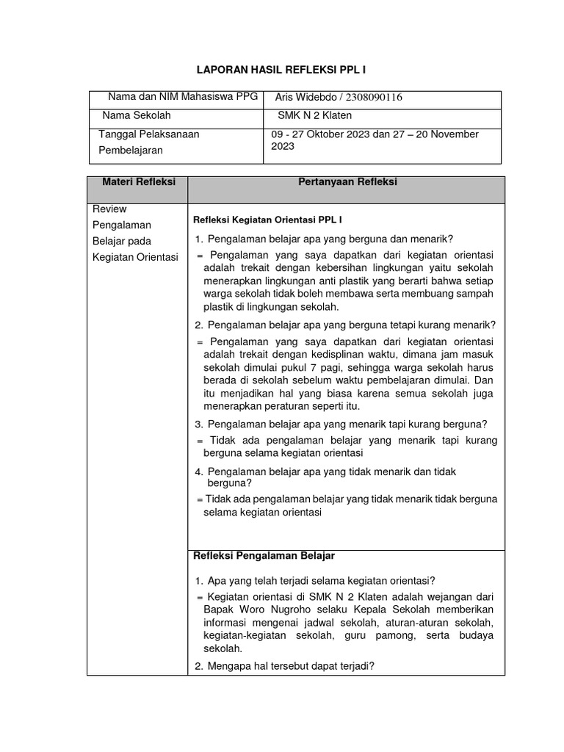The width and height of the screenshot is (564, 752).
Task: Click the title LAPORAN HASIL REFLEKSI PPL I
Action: click(281, 70)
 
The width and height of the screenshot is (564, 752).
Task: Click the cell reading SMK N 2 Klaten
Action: click(314, 115)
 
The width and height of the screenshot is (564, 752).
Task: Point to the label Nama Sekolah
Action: click(137, 115)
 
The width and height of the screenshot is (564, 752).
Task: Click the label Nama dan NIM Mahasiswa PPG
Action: click(178, 97)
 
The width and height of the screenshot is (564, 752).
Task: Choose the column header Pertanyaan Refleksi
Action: click(347, 182)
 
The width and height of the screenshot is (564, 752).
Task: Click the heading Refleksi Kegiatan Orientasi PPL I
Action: click(267, 220)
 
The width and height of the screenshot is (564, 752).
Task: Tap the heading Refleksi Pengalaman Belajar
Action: click(264, 555)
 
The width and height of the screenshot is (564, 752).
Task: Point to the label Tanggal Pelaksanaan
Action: click(149, 134)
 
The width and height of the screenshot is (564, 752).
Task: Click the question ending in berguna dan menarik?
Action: click(330, 239)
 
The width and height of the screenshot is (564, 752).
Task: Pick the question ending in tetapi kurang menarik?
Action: click(351, 325)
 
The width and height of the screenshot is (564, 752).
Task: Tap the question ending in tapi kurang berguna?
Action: click(347, 424)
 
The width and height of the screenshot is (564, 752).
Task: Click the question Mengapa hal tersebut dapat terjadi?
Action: click(291, 666)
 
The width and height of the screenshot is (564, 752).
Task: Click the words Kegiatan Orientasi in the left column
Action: click(136, 257)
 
